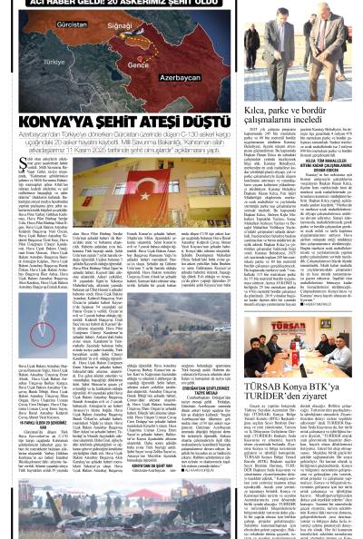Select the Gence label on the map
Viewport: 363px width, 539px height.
tap(138, 65)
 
